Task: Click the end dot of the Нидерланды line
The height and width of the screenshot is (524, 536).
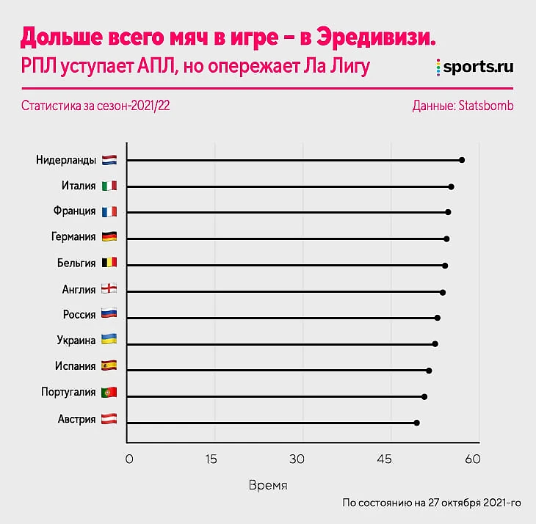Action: click(x=462, y=159)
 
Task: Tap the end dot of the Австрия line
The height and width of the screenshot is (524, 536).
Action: click(x=416, y=423)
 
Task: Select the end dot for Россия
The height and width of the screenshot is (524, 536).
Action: click(x=438, y=318)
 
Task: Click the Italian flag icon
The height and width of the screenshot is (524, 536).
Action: click(x=109, y=186)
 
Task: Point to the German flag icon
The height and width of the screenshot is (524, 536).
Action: click(x=109, y=237)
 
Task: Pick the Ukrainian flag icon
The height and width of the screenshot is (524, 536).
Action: click(x=109, y=341)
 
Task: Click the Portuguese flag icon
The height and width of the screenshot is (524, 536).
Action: click(x=109, y=393)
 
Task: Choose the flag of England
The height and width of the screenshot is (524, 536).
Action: click(x=109, y=289)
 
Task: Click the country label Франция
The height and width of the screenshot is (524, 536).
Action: click(x=74, y=211)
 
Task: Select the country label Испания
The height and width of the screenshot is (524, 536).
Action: click(x=75, y=366)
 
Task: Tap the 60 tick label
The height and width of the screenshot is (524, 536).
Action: click(x=472, y=459)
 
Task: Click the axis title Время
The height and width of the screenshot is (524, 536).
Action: click(x=268, y=486)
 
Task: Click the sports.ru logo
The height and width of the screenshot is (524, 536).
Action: click(x=474, y=67)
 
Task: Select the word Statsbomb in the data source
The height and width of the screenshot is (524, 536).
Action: click(x=485, y=106)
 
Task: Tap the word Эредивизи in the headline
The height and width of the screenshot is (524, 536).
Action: click(x=376, y=37)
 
